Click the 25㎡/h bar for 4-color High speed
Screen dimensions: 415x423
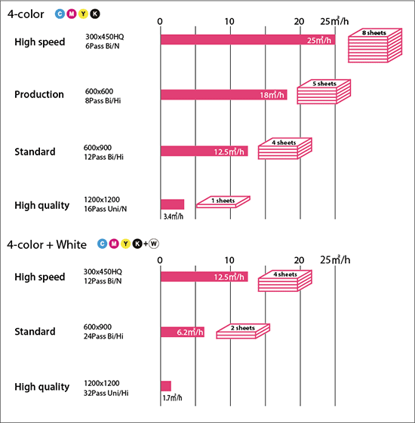(x=247, y=40)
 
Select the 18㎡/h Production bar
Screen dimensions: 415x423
(x=224, y=95)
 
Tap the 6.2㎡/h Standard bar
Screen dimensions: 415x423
(x=183, y=332)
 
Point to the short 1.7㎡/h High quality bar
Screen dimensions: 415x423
(x=166, y=386)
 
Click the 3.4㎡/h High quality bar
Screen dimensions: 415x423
(x=172, y=204)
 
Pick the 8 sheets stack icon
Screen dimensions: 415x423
(x=375, y=45)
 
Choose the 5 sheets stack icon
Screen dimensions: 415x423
(x=324, y=92)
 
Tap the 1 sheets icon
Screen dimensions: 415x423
(x=223, y=202)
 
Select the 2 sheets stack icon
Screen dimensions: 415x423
(x=243, y=331)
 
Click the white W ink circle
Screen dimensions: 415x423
(x=154, y=244)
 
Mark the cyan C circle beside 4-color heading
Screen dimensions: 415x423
(x=60, y=14)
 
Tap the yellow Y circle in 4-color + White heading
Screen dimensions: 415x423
(x=125, y=244)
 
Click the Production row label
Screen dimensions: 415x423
(x=39, y=94)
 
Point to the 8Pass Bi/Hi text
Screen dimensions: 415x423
(x=103, y=100)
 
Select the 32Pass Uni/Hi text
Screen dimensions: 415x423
(x=106, y=393)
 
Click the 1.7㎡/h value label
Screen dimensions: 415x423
(x=172, y=398)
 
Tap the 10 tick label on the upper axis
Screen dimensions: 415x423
(x=229, y=22)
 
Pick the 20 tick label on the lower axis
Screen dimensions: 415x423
(x=299, y=260)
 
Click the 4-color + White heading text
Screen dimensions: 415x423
(x=47, y=245)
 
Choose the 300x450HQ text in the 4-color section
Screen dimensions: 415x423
(x=104, y=37)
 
